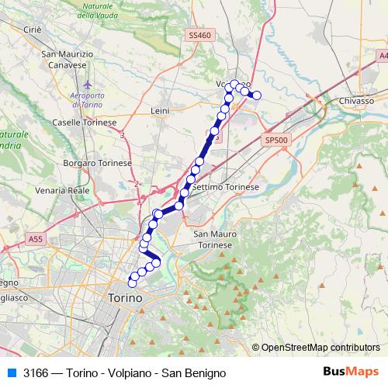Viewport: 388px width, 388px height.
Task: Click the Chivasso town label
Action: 356,102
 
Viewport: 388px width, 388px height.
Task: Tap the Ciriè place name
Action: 32,29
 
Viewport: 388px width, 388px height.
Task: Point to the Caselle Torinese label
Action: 84,123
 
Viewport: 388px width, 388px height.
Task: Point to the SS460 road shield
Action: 199,36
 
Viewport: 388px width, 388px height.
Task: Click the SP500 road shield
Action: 275,140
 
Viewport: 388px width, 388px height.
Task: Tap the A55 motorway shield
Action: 36,241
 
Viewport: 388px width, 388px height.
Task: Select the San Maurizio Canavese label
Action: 68,59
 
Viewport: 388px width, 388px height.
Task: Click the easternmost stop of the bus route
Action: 258,96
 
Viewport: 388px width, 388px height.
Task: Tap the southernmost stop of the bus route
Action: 131,284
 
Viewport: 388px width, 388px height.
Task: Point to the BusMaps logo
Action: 350,372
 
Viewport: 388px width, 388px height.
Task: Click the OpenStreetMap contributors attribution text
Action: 320,347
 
